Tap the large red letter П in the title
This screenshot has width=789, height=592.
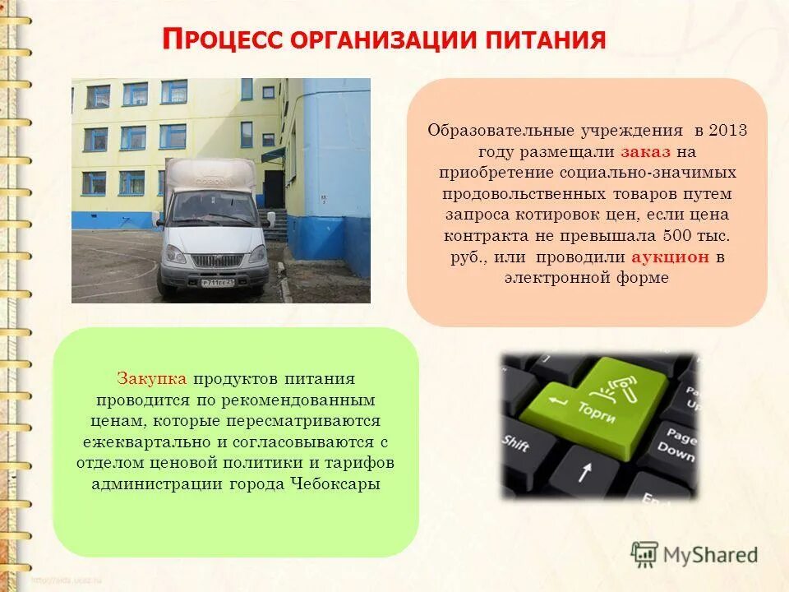click(x=171, y=38)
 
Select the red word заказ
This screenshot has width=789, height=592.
click(x=645, y=152)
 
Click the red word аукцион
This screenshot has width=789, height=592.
click(x=671, y=257)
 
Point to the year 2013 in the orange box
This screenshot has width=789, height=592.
click(x=727, y=131)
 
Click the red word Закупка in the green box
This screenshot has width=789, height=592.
click(x=152, y=379)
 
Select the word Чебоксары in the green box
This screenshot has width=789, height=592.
click(x=335, y=483)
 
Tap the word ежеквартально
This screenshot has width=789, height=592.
click(x=141, y=442)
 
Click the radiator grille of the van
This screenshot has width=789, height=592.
click(x=218, y=259)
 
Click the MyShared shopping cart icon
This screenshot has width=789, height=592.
click(x=644, y=554)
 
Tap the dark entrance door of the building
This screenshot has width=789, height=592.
click(x=274, y=188)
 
